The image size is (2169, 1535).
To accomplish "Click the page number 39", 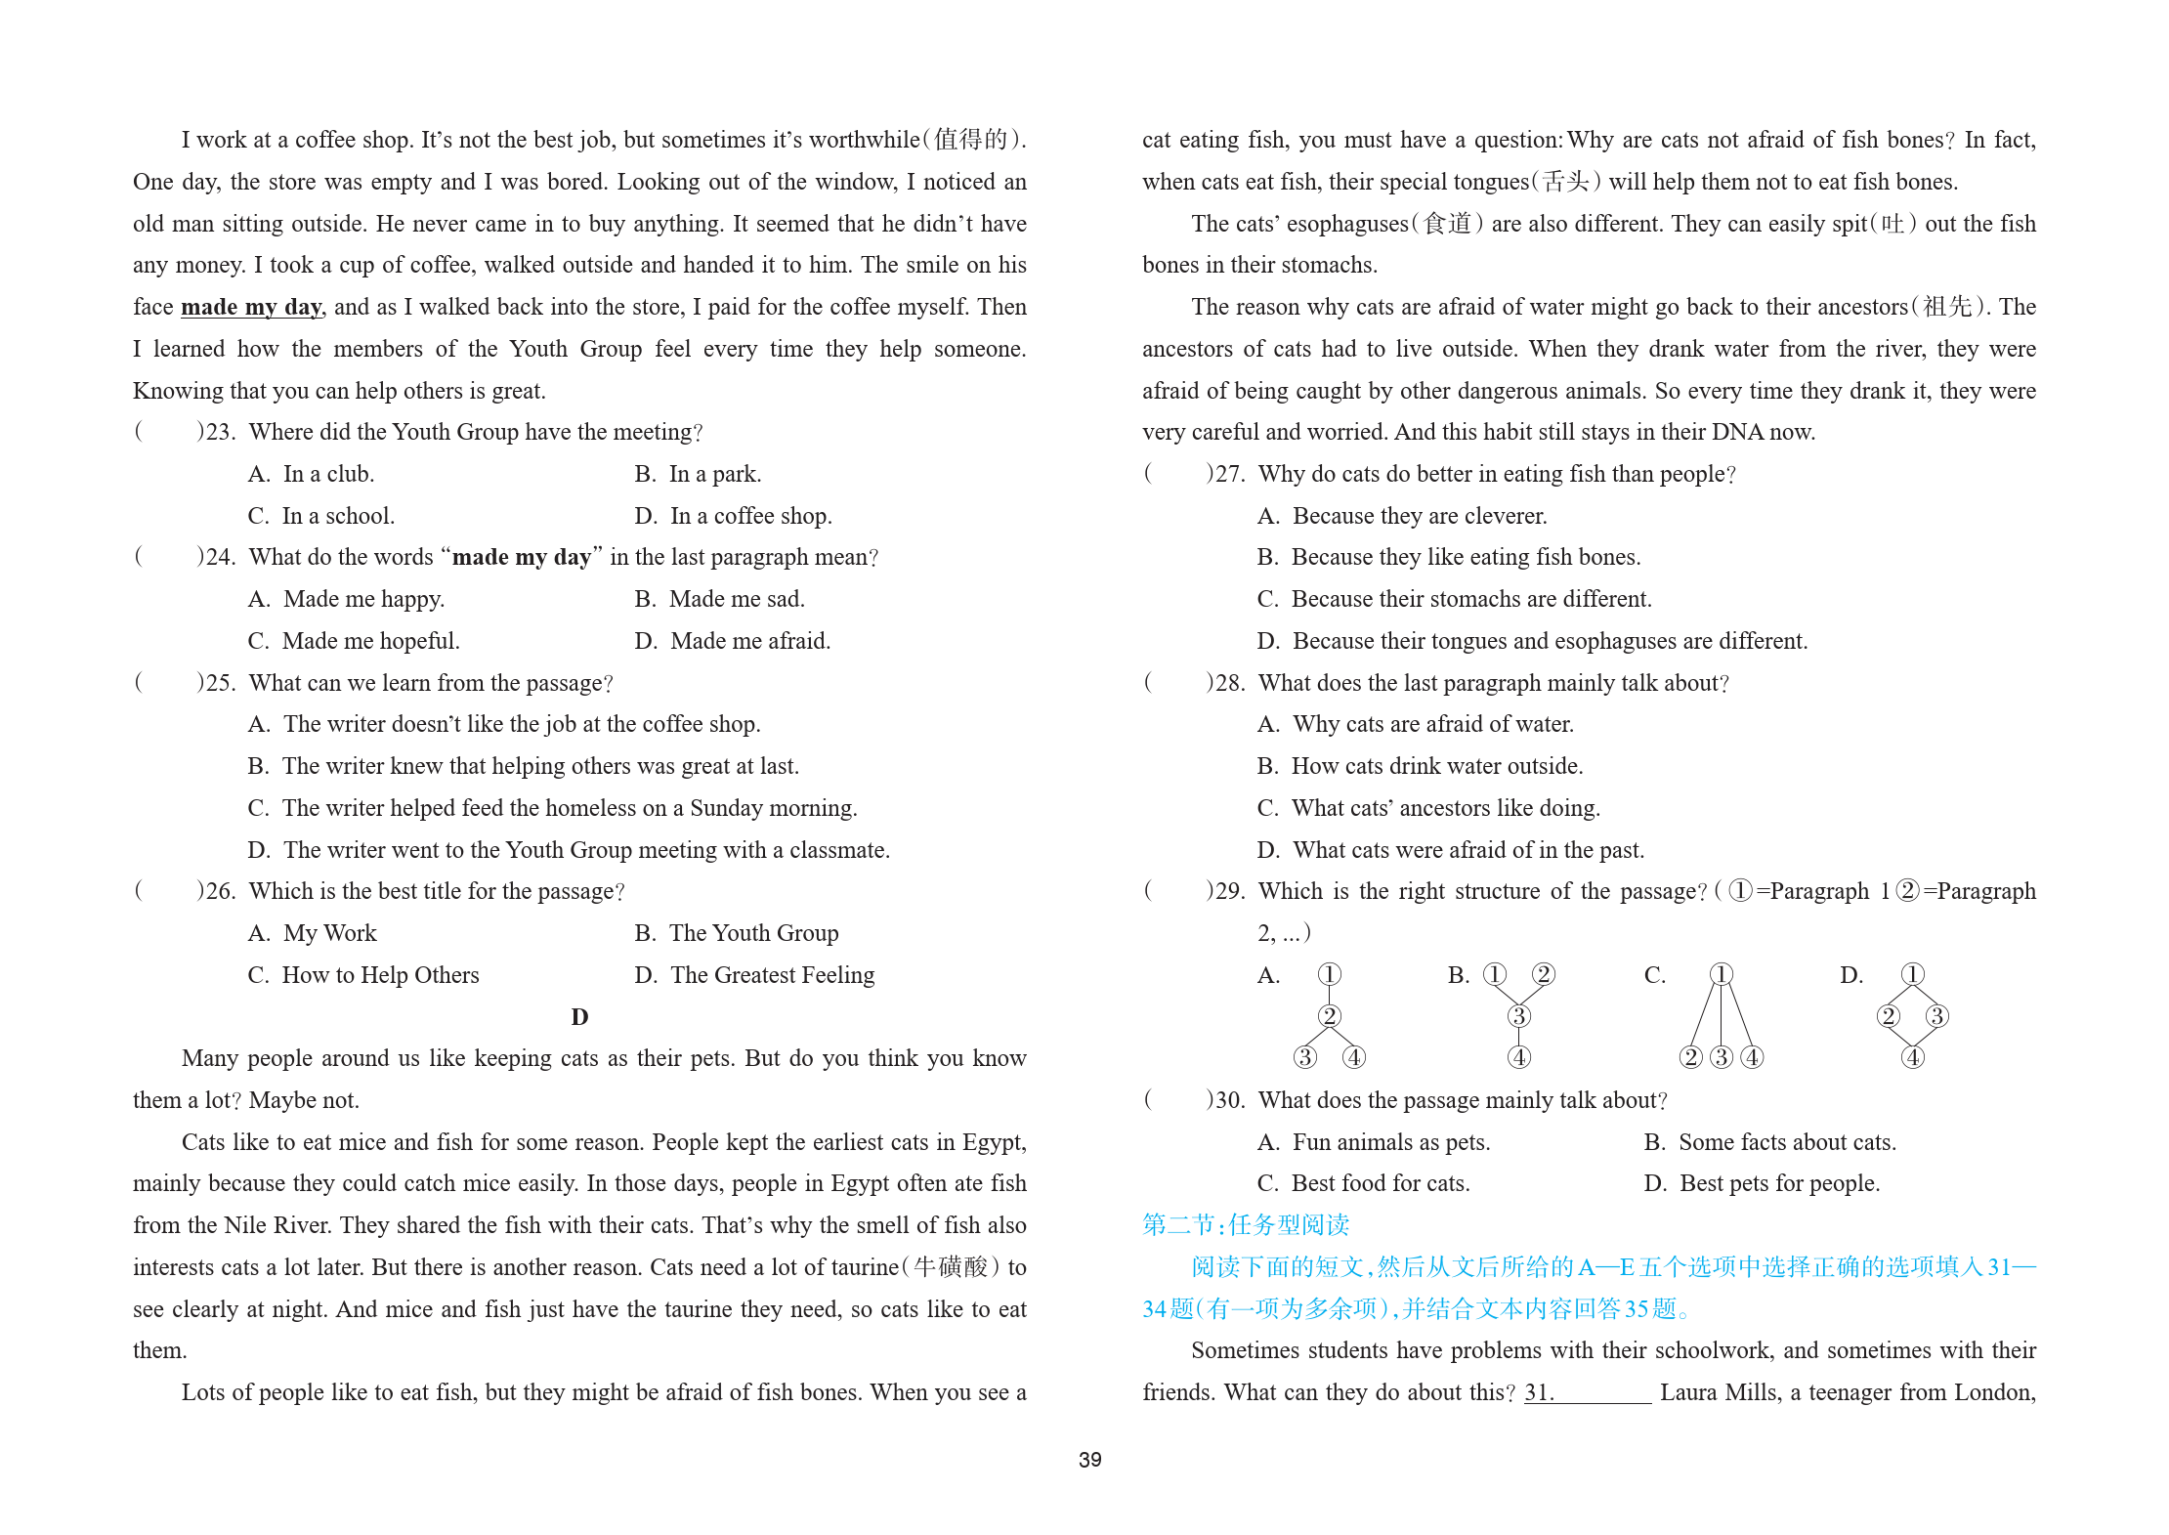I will [1089, 1459].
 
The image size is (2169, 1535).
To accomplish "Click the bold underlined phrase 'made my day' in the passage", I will [251, 307].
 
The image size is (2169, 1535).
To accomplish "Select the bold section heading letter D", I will [579, 1017].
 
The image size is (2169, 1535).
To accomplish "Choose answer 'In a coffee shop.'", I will [750, 516].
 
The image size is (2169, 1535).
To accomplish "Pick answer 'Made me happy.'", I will [363, 599].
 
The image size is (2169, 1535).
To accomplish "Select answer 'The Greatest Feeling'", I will [772, 975].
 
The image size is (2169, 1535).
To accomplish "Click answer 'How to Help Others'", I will [380, 975].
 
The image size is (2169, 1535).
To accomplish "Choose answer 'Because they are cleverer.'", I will [1419, 516].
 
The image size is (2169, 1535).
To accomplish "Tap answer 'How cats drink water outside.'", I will [1436, 766].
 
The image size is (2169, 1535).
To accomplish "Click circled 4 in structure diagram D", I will [1912, 1057].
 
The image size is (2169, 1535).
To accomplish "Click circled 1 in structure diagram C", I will [1721, 974].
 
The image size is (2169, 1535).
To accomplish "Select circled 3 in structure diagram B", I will [1518, 1016].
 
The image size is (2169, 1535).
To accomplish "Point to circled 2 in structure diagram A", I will [1329, 1016].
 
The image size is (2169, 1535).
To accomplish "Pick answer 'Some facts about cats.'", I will [1786, 1142].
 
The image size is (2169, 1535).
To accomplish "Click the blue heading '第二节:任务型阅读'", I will [1246, 1224].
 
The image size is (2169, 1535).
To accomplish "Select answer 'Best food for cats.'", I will [1380, 1183].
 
